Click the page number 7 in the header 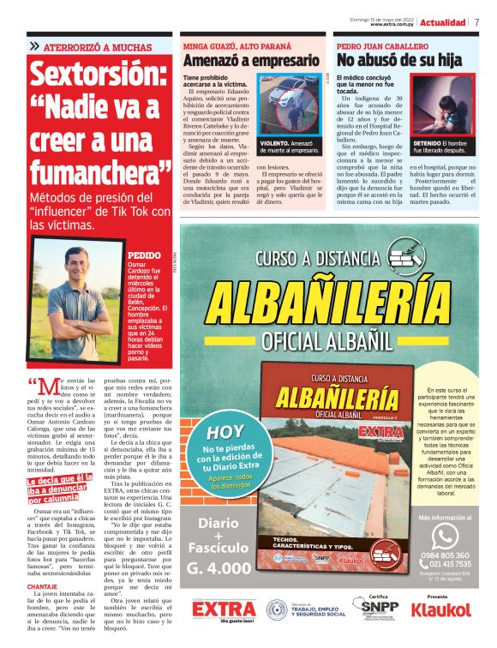pos(476,22)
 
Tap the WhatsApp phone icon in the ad pos(444,537)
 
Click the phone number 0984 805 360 pos(444,555)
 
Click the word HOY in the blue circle pos(225,433)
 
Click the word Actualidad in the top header pos(443,22)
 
